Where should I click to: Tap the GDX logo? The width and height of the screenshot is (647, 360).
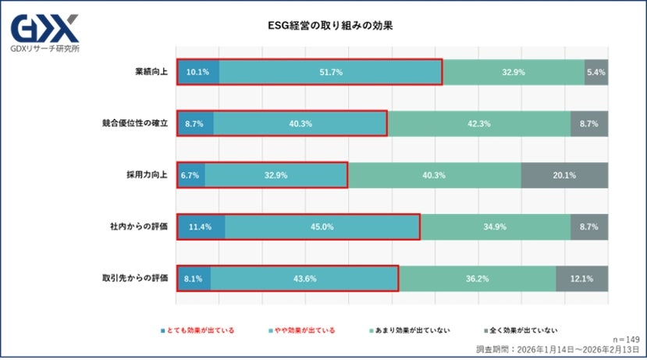[44, 30]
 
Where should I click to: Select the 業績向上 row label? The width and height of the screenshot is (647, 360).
[150, 72]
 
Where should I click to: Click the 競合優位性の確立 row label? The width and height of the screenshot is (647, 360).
[135, 123]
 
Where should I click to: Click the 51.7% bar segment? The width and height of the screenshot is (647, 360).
[330, 72]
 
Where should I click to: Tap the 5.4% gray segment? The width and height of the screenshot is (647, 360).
[596, 72]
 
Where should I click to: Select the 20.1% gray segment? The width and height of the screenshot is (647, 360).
[564, 175]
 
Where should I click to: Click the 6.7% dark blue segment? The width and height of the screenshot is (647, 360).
[191, 175]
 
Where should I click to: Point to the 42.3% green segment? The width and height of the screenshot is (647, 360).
[479, 123]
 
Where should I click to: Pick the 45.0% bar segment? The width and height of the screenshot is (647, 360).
[322, 226]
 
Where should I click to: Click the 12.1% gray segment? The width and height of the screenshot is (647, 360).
[581, 278]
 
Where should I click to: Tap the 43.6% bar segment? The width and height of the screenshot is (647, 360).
[304, 278]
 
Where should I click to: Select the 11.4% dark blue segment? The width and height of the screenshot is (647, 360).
[201, 226]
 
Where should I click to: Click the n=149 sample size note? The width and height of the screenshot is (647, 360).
[625, 339]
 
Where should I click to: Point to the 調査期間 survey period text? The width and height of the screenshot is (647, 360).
[557, 349]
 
